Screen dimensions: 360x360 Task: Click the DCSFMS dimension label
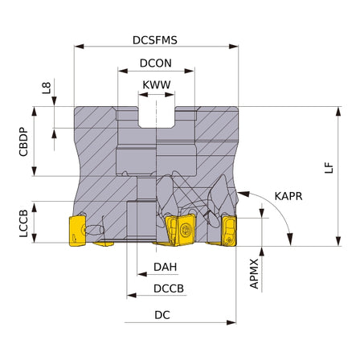pyautogui.click(x=155, y=40)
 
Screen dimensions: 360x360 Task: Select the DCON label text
pyautogui.click(x=156, y=63)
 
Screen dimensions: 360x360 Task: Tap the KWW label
pyautogui.click(x=157, y=85)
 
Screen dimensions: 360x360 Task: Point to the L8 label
pyautogui.click(x=47, y=88)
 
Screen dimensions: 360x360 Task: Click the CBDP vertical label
pyautogui.click(x=23, y=141)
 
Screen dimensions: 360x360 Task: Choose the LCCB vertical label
pyautogui.click(x=23, y=223)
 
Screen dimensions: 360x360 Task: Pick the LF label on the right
pyautogui.click(x=329, y=168)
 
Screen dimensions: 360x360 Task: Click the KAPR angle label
pyautogui.click(x=288, y=196)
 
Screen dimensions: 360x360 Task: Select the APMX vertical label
pyautogui.click(x=254, y=274)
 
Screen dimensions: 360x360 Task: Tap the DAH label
pyautogui.click(x=166, y=267)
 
